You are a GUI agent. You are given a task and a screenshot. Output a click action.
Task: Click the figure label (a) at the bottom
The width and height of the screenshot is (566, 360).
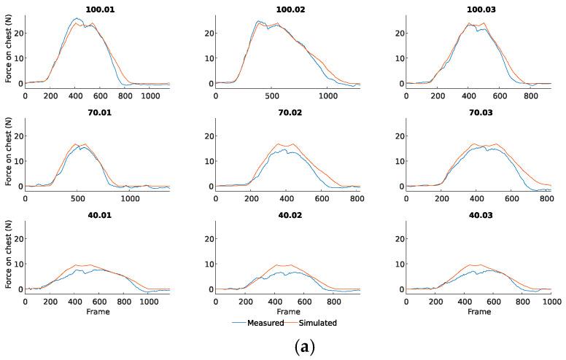click(282, 346)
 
